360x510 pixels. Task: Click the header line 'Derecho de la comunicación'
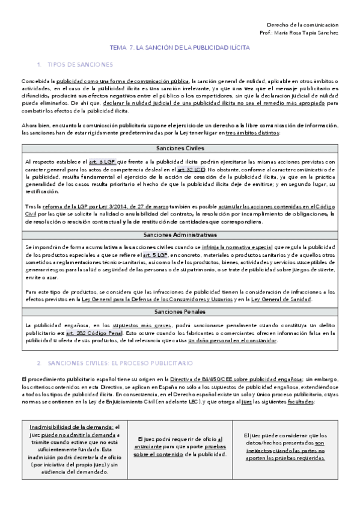pyautogui.click(x=302, y=25)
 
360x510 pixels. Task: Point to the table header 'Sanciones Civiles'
pyautogui.click(x=180, y=148)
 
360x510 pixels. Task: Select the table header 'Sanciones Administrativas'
pyautogui.click(x=180, y=235)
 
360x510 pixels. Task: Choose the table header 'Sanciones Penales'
pyautogui.click(x=180, y=312)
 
